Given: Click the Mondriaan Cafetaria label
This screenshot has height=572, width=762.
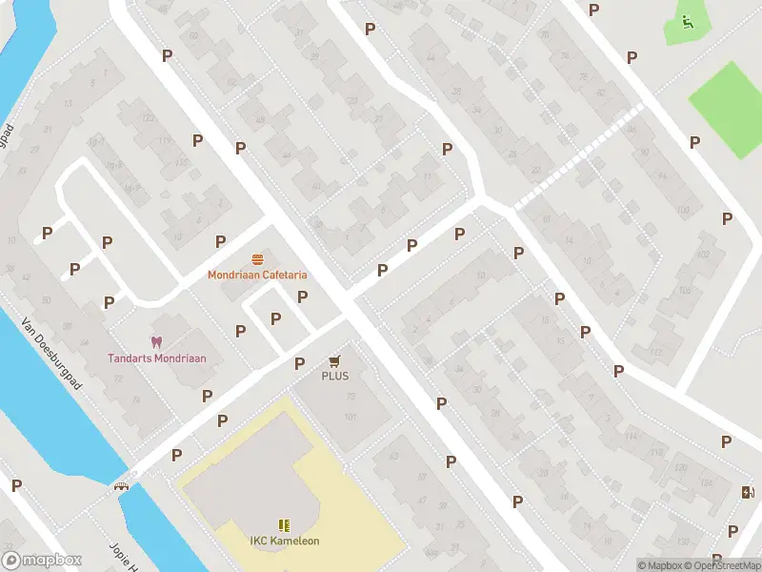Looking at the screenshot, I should pos(258,276).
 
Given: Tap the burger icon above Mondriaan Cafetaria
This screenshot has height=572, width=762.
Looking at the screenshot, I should pos(257,259).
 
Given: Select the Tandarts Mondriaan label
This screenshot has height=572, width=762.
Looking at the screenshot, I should pos(156,358).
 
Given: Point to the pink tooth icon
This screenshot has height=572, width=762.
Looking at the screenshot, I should pos(155,341).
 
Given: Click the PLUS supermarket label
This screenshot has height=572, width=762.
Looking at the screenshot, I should pos(334,376).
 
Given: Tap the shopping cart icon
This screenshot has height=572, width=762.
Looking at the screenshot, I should pos(334,360).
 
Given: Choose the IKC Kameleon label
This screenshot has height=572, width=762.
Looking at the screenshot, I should pos(285,541).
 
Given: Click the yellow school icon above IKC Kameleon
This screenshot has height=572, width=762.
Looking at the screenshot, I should pos(283,524).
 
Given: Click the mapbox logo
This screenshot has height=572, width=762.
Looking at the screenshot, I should pos(42,561).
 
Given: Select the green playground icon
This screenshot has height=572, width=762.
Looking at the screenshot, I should pos(687,20).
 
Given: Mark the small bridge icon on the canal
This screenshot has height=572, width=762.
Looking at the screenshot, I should pos(121,485).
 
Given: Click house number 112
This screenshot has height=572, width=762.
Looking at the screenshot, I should pos(654,352).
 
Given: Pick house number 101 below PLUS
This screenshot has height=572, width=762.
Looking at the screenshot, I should pos(350,417).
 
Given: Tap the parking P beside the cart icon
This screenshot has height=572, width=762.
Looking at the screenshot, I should pos(300,363).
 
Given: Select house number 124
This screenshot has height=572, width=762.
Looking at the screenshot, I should pos(706,484).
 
